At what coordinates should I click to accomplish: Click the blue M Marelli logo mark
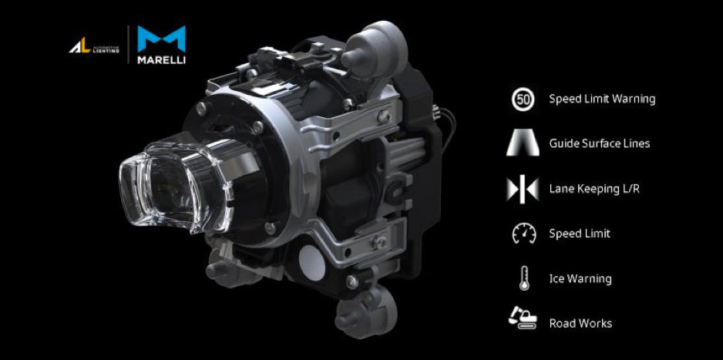point(161,39)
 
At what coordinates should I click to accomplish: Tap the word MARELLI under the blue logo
point(161,60)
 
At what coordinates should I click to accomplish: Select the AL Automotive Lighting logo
point(94,46)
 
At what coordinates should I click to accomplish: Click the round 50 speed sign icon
point(523,99)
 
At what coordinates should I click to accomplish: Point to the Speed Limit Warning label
point(602,99)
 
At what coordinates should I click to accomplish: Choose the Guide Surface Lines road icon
point(523,143)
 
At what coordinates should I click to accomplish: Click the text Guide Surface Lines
point(600,143)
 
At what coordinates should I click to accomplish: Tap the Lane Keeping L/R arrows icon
point(523,189)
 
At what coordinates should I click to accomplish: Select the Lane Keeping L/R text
point(594,189)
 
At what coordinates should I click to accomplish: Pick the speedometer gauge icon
point(524,234)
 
